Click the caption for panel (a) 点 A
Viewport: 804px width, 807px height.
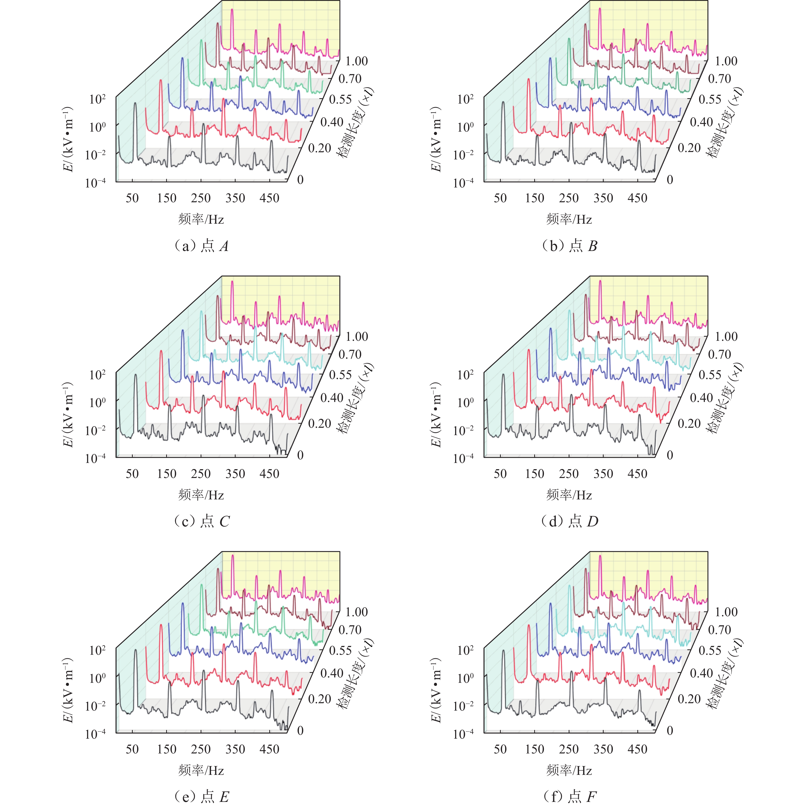pyautogui.click(x=201, y=246)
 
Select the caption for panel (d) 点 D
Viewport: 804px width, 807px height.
pyautogui.click(x=569, y=521)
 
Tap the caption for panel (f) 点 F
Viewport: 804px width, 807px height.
pyautogui.click(x=569, y=797)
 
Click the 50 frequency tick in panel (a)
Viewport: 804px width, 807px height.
pyautogui.click(x=132, y=198)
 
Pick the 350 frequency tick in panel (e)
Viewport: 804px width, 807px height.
pyautogui.click(x=235, y=749)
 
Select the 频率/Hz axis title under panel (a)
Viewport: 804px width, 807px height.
pyautogui.click(x=201, y=219)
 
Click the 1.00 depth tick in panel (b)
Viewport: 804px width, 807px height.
pyautogui.click(x=726, y=61)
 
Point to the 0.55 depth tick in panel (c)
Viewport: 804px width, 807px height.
pyautogui.click(x=340, y=375)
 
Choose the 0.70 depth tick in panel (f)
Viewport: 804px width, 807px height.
pyautogui.click(x=719, y=629)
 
